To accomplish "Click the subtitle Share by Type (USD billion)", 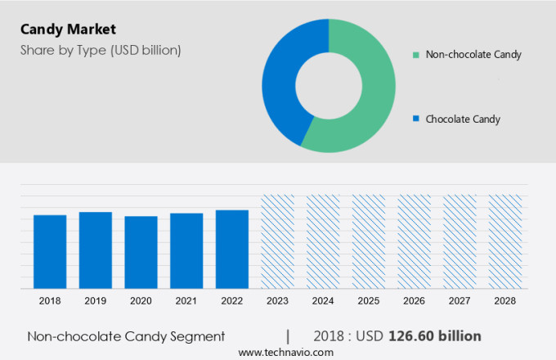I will (x=101, y=50).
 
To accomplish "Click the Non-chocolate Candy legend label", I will (x=473, y=55).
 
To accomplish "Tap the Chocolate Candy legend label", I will (x=463, y=119).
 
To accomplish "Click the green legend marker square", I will (x=416, y=55).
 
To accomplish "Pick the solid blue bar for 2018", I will (x=50, y=251).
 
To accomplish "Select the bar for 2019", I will (x=96, y=250).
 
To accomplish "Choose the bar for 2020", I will (x=141, y=252).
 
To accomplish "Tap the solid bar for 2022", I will (x=232, y=249).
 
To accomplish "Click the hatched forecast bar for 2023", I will (x=277, y=241).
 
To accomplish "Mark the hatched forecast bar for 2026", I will (x=414, y=241).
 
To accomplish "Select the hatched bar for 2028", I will (x=504, y=241).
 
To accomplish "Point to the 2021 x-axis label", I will (x=186, y=301).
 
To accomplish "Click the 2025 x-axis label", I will (x=368, y=301).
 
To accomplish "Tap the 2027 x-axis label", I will (x=459, y=301).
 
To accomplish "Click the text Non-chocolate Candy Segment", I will (x=126, y=336).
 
